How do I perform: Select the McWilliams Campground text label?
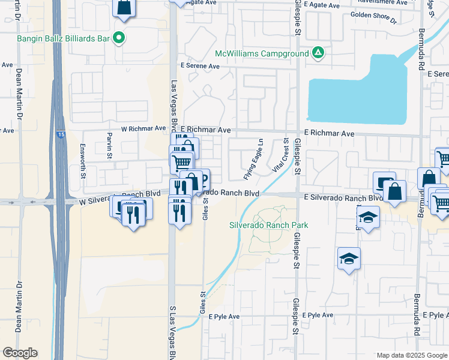pos(262,53)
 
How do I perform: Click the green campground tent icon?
pos(318,53)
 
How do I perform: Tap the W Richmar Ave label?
pos(143,128)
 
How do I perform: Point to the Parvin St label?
pos(110,144)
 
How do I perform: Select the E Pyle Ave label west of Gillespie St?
pos(224,316)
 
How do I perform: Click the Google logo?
pos(20,353)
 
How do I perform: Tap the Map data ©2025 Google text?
pos(411,355)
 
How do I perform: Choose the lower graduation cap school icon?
pos(349,259)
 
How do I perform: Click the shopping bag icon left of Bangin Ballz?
pos(124,7)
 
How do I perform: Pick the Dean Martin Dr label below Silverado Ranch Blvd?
pos(20,307)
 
